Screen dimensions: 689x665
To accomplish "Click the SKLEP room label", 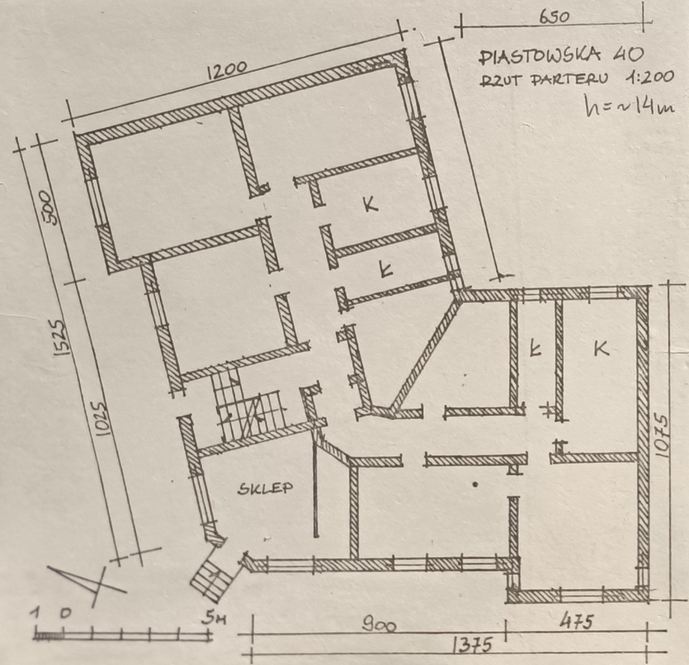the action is (x=265, y=488).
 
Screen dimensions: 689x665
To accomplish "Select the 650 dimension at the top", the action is (x=554, y=17).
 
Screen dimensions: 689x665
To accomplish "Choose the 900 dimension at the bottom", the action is (x=379, y=625).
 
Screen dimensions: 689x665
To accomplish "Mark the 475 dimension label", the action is (x=576, y=622).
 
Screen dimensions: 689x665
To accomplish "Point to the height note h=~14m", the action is (x=629, y=106).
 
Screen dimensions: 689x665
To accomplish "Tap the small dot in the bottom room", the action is (x=475, y=484).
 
